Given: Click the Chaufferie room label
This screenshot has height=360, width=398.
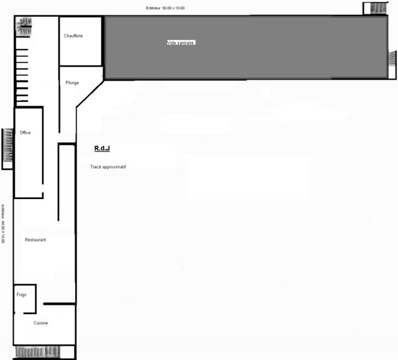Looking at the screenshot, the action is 73,36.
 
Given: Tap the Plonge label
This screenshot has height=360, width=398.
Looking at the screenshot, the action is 72,83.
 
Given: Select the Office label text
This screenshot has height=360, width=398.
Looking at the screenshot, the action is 25,132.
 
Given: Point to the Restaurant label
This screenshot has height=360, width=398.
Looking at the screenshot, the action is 35,240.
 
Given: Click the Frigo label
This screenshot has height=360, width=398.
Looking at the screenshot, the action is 21,295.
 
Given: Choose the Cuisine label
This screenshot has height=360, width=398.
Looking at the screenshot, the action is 40,323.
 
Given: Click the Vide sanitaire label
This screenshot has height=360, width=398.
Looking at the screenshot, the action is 181,43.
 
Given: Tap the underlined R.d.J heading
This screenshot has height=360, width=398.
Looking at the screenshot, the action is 102,148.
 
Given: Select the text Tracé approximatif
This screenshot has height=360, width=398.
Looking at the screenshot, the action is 108,167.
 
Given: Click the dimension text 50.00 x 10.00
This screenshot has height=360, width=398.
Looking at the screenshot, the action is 174,8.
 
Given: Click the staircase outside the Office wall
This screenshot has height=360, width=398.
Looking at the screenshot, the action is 8,145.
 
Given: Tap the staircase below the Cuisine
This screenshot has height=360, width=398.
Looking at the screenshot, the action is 37,352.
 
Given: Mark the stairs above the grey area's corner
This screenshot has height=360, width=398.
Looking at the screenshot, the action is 379,8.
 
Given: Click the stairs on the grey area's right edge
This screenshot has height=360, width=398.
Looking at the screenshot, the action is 392,59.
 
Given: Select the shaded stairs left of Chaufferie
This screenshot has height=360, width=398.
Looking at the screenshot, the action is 24,26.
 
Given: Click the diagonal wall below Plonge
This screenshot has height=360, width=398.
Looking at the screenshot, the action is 90,93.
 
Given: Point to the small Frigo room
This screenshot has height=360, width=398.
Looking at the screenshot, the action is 25,299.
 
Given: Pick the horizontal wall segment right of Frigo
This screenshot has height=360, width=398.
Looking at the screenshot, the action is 60,303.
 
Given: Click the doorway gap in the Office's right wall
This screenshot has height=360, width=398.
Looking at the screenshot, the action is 43,188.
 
